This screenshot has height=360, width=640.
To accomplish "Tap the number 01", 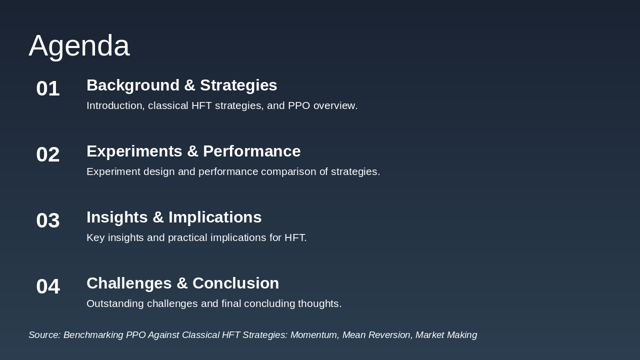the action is pyautogui.click(x=48, y=88).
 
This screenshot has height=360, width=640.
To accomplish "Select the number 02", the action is pyautogui.click(x=48, y=154).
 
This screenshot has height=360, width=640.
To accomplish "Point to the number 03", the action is pyautogui.click(x=48, y=220).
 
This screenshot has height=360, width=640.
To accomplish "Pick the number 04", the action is pyautogui.click(x=48, y=286).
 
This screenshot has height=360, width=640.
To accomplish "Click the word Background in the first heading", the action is pyautogui.click(x=133, y=85).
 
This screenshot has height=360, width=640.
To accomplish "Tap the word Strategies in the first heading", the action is pyautogui.click(x=238, y=85).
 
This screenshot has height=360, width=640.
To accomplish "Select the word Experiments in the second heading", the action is pyautogui.click(x=134, y=151).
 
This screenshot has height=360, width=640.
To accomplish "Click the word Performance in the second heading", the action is pyautogui.click(x=251, y=151).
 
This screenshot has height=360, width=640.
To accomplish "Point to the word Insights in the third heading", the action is pyautogui.click(x=117, y=217).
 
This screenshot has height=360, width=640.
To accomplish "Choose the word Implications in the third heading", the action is pyautogui.click(x=215, y=217).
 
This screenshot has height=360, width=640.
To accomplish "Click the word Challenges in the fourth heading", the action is pyautogui.click(x=129, y=283).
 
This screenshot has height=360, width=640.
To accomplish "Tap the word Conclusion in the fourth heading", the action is pyautogui.click(x=235, y=283).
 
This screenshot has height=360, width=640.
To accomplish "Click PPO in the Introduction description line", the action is pyautogui.click(x=299, y=105).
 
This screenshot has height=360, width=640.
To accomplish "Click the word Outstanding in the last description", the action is pyautogui.click(x=115, y=303).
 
